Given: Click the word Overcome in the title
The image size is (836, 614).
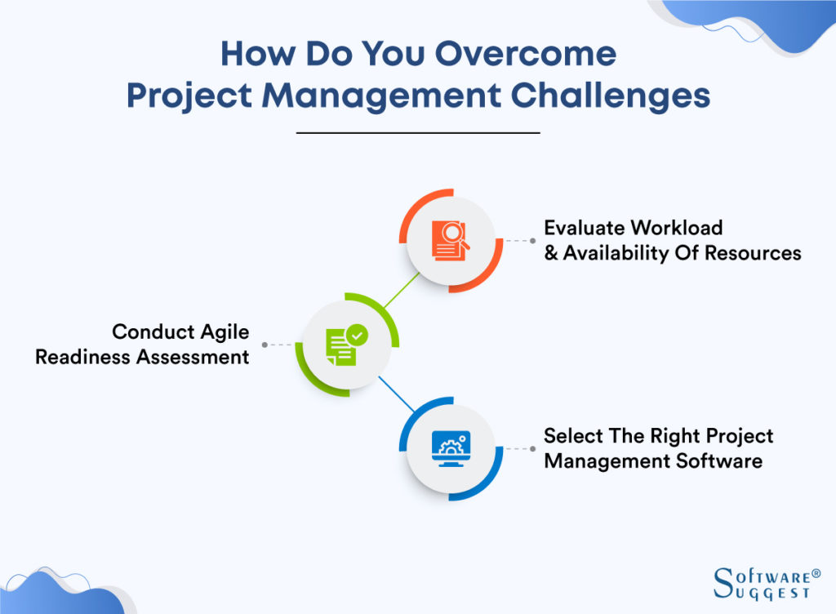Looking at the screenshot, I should pyautogui.click(x=525, y=55).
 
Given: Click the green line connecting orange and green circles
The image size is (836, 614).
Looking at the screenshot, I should pyautogui.click(x=401, y=290).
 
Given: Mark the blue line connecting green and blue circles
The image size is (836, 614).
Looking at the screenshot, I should pyautogui.click(x=399, y=395).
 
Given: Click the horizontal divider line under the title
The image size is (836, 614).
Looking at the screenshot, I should pyautogui.click(x=417, y=132).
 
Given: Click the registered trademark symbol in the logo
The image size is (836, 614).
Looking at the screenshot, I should pyautogui.click(x=816, y=573).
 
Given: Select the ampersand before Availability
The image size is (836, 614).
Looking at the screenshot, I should pyautogui.click(x=551, y=253).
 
